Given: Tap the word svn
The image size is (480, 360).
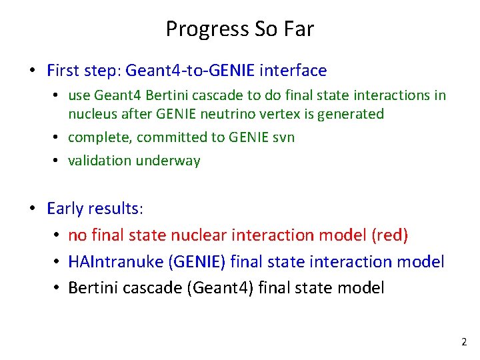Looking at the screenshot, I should (282, 137).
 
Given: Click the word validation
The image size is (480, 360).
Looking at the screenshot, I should (98, 161).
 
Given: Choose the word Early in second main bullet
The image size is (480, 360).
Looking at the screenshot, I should (65, 209).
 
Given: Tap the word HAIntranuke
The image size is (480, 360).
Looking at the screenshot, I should (110, 262).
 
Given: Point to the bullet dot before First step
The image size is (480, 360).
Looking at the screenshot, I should (31, 71).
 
